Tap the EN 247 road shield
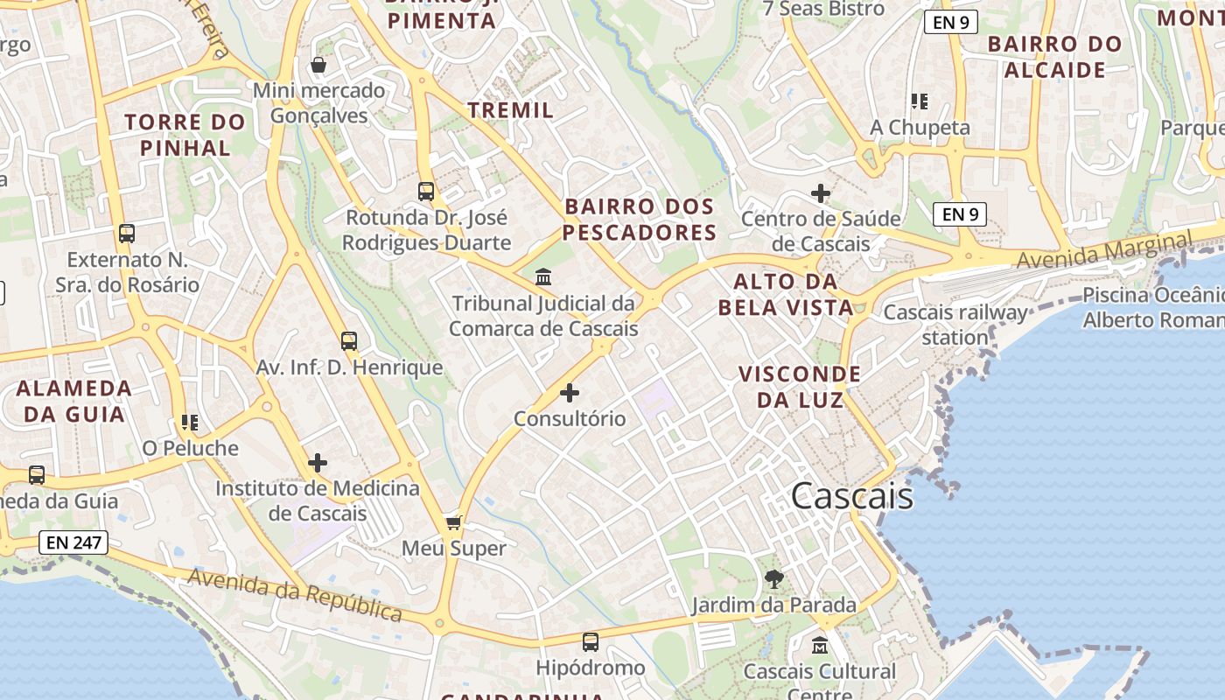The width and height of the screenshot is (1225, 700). coord(74,542)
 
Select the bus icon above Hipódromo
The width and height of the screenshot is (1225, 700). coord(591,642)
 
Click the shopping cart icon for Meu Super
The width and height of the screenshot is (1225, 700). coord(453,522)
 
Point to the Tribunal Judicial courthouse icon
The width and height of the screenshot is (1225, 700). coord(543,277)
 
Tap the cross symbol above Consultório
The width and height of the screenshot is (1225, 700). coord(570,393)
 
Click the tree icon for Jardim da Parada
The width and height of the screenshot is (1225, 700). coord(773,578)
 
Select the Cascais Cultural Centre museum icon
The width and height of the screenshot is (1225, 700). coord(820,646)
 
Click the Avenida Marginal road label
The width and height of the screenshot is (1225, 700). coord(1104,250)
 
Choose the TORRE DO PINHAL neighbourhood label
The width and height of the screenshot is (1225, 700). coord(185,135)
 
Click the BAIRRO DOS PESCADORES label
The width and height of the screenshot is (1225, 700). coord(640,220)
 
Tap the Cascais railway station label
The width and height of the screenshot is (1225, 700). coord(955,325)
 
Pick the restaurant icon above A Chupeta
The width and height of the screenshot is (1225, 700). coord(919,101)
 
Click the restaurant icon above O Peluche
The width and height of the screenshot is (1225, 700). coord(190,423)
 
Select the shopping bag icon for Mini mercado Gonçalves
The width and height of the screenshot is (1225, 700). coord(318,65)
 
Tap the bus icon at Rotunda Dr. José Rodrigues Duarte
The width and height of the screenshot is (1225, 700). coord(426,191)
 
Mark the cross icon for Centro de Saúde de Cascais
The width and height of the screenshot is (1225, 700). coord(821,192)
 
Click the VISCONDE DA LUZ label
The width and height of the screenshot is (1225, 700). coord(800,387)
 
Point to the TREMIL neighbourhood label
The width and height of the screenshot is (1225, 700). coord(510,110)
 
